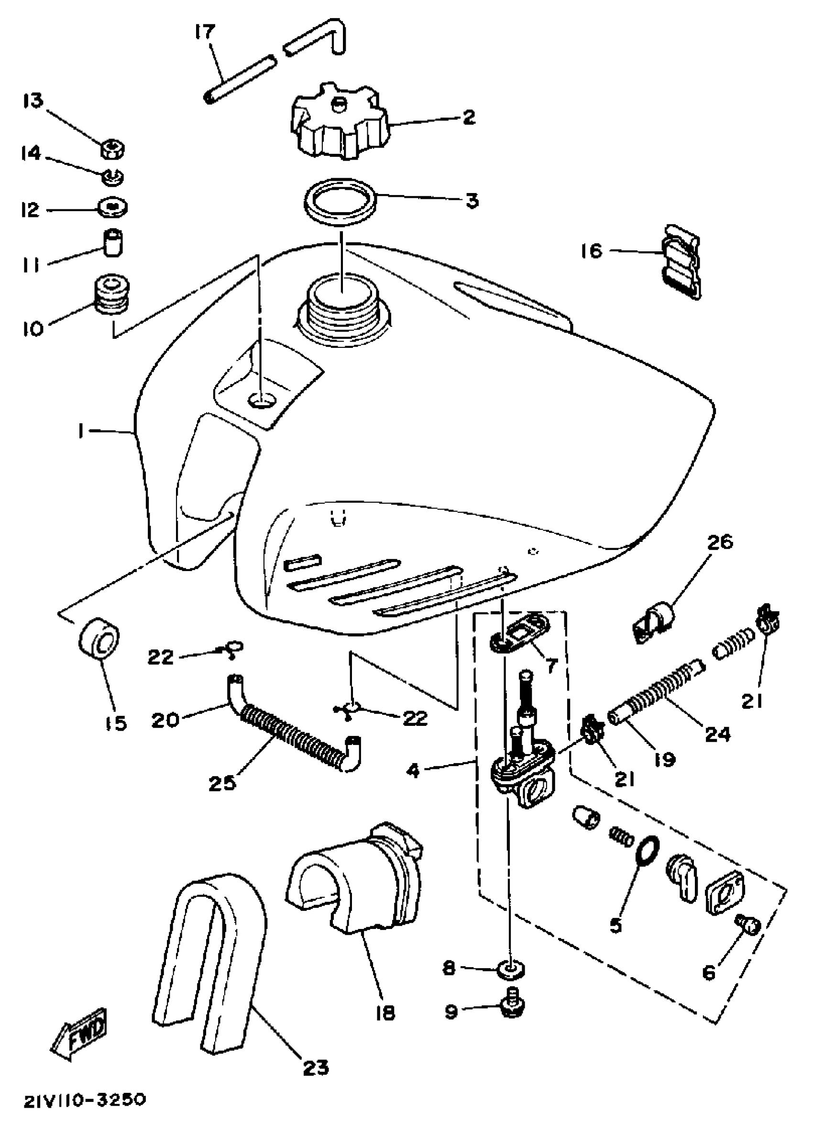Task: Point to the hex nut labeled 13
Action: (113, 149)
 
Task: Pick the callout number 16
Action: (592, 251)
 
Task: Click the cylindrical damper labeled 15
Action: (99, 639)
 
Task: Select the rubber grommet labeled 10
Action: (112, 295)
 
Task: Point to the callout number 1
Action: (80, 432)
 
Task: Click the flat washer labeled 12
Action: (113, 207)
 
